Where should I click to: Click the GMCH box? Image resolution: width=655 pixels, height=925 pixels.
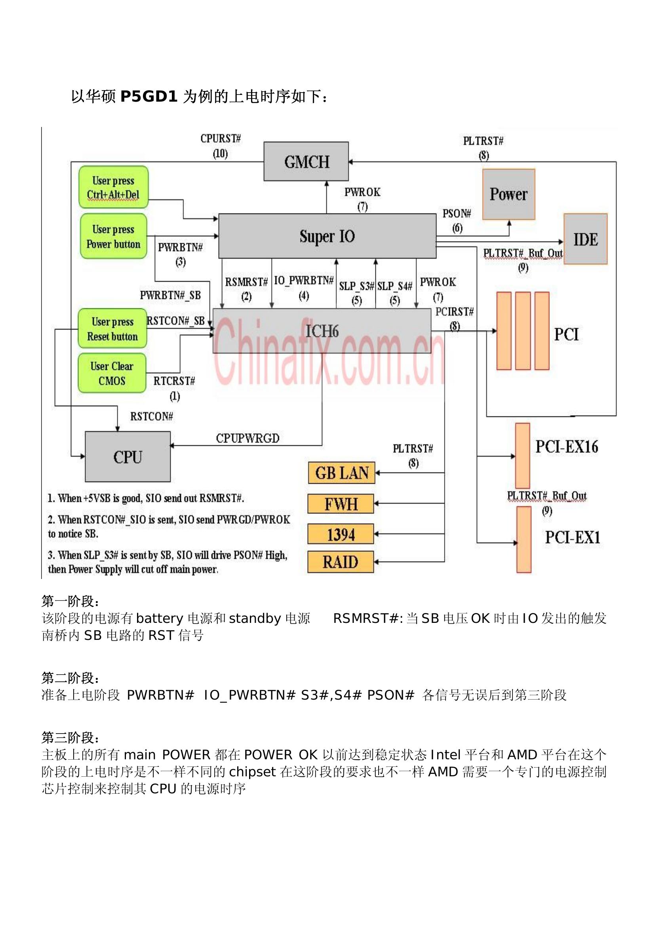point(306,161)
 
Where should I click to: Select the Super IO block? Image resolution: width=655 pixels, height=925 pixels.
point(327,236)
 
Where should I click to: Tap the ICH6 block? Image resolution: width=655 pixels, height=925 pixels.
point(322,331)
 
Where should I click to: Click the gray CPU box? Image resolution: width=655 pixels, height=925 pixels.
point(128,456)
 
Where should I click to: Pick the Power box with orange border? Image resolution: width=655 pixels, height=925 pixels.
point(508,194)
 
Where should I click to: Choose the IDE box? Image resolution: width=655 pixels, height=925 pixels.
point(585,239)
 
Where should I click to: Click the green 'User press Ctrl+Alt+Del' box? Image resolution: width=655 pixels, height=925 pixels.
point(113,187)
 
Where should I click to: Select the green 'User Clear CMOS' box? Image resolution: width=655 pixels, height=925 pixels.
point(112,373)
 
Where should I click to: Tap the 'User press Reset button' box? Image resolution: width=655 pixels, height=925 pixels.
point(112,328)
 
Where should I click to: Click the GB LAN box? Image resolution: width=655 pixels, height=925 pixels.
point(341,473)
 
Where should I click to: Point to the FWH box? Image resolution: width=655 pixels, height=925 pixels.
point(341,503)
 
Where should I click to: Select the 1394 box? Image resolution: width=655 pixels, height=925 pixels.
point(341,534)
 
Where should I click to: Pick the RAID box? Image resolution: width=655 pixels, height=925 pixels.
point(341,562)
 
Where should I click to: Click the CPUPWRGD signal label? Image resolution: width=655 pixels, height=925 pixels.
point(248,438)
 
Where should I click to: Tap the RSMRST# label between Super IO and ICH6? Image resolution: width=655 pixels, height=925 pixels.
point(246,282)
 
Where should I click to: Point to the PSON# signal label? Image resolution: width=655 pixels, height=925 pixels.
point(457,214)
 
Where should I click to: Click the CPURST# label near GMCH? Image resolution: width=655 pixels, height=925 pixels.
point(221,138)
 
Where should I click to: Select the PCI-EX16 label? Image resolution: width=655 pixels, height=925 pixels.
point(567,447)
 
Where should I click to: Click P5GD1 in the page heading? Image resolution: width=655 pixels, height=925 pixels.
point(149,96)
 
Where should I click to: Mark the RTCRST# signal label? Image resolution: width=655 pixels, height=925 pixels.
point(174,381)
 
